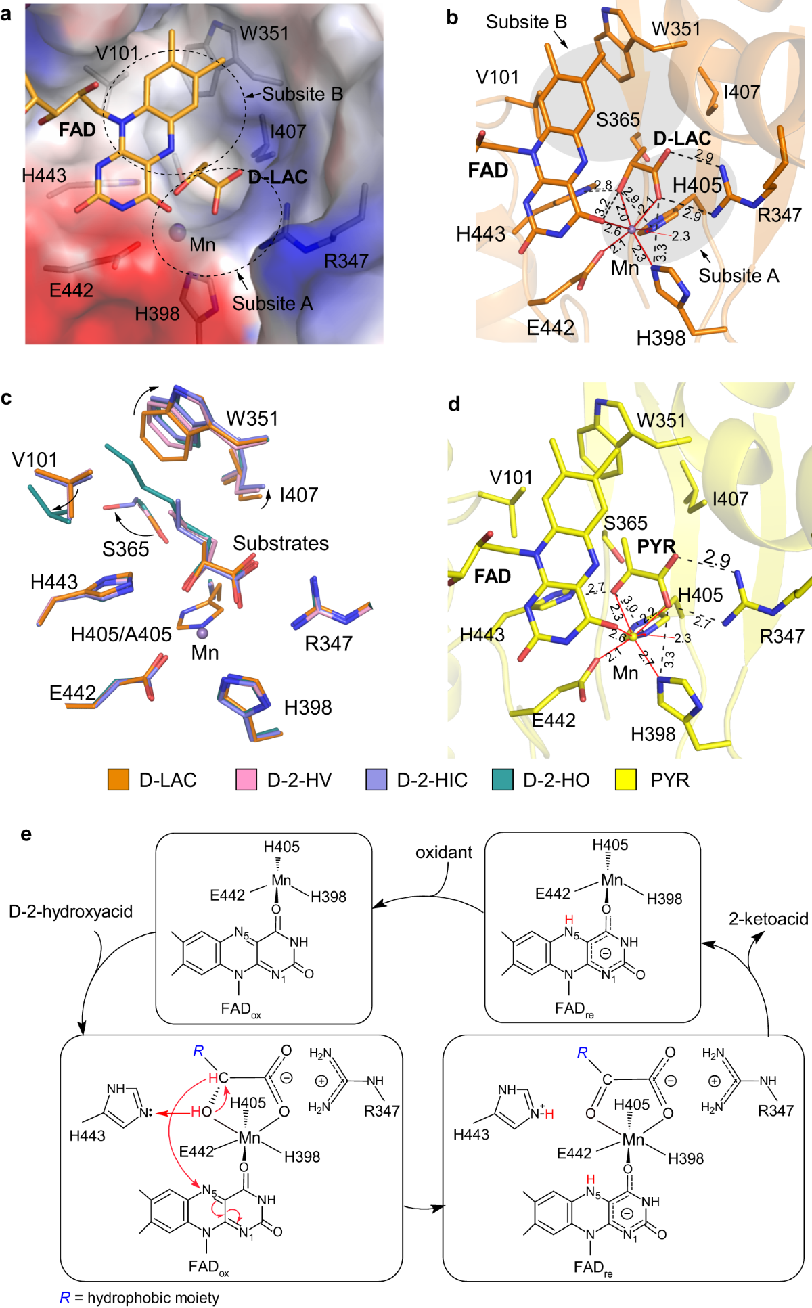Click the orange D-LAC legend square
coord(118,780)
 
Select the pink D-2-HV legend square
coord(246,780)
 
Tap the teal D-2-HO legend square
coord(503,780)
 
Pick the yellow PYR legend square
coord(626,780)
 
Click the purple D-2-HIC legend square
coord(376,780)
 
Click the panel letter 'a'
coord(6,14)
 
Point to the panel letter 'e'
coord(26,834)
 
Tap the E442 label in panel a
coord(71,290)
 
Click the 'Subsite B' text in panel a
coord(302,94)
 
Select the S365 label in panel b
coord(618,120)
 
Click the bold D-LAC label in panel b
coord(682,139)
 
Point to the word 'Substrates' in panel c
coord(281,543)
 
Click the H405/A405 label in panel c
coord(122,634)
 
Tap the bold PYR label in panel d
coord(656,546)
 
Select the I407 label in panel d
coord(730,499)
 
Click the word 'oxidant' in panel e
coord(444,852)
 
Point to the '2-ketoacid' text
coord(769,918)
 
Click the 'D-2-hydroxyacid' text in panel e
coord(71,911)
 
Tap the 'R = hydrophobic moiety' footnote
coord(139,1297)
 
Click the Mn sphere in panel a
coord(177,233)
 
